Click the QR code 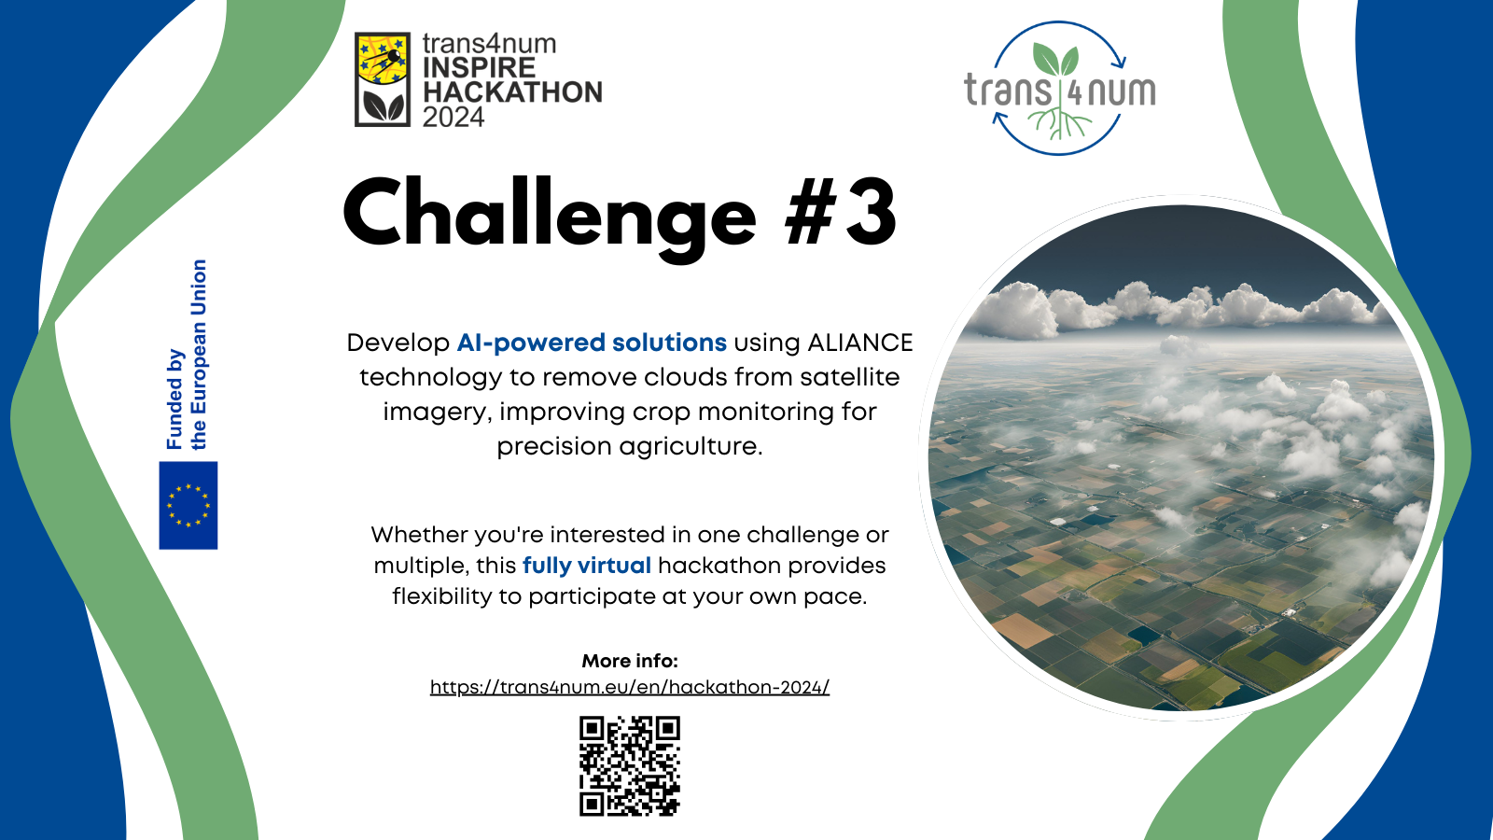click(630, 766)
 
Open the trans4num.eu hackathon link click(630, 687)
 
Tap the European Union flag click(188, 505)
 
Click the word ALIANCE click(859, 343)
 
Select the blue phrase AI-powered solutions click(592, 343)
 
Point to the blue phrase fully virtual click(587, 566)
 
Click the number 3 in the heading click(871, 212)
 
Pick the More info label click(630, 661)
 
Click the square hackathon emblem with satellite click(382, 79)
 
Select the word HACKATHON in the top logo click(512, 92)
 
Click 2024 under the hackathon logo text click(453, 118)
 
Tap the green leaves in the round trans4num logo click(1055, 60)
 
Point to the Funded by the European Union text click(187, 354)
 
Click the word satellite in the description click(850, 377)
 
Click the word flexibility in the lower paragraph click(442, 596)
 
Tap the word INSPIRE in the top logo click(480, 67)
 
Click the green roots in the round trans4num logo click(1060, 125)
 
